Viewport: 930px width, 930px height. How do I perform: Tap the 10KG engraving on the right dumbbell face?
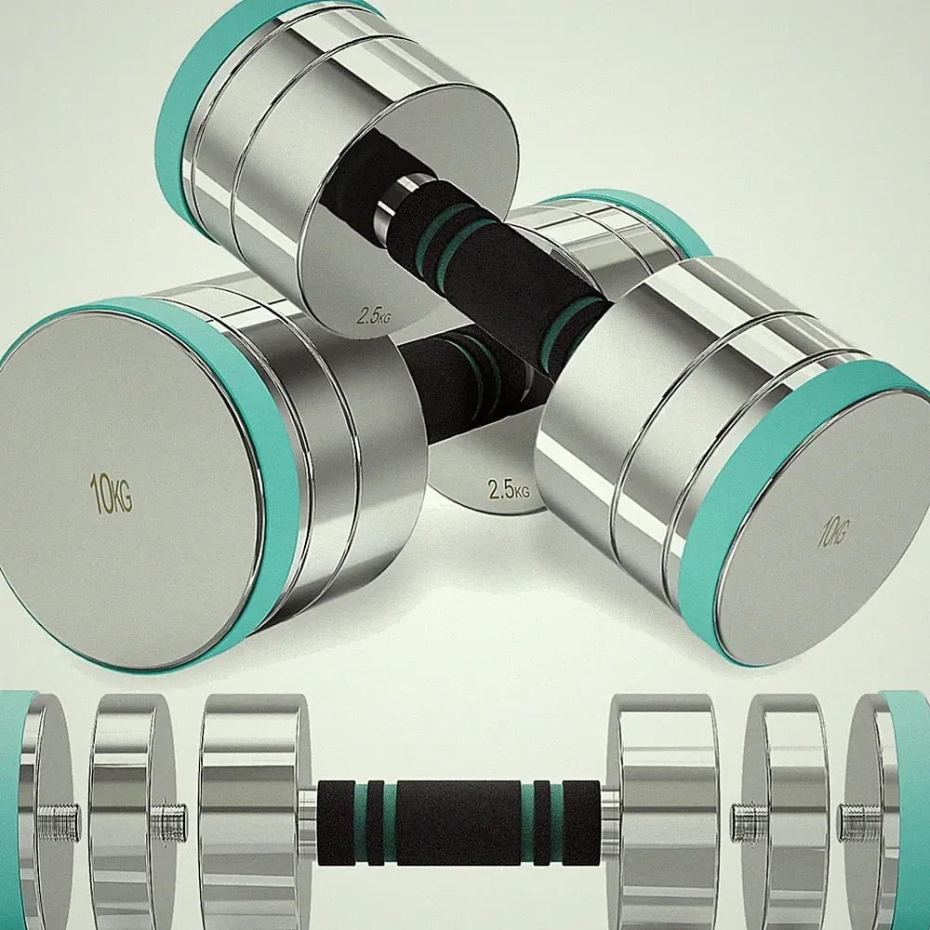tap(834, 531)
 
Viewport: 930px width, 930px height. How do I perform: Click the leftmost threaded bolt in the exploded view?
tap(58, 822)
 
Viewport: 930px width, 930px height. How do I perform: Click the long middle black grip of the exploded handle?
tap(458, 822)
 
